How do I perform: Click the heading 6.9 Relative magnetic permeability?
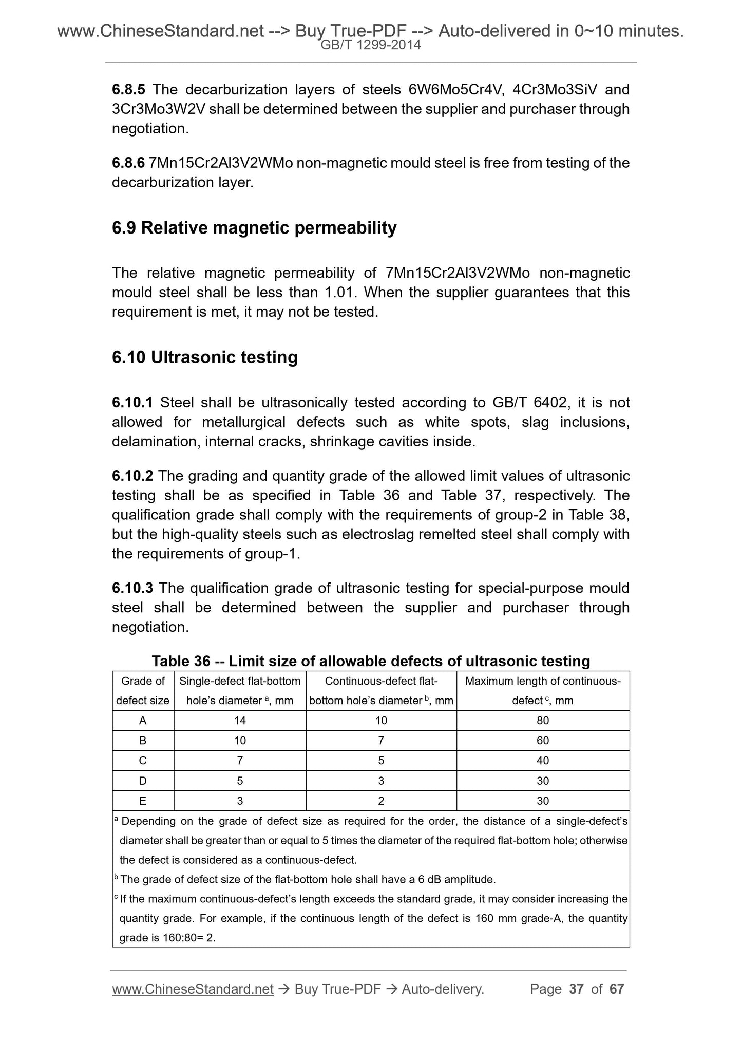[x=254, y=228]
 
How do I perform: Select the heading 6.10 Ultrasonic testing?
[x=204, y=357]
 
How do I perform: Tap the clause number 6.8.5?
[x=128, y=90]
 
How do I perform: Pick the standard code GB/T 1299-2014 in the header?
[x=370, y=45]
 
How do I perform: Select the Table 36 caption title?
[x=371, y=661]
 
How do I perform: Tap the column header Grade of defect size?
[x=143, y=691]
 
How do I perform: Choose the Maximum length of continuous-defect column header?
[x=543, y=691]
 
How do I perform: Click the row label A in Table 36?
[x=143, y=721]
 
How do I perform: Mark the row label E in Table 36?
[x=143, y=801]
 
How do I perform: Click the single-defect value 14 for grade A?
[x=240, y=721]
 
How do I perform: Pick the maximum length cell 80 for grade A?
[x=543, y=721]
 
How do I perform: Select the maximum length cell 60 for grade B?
[x=543, y=741]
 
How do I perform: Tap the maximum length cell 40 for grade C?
[x=543, y=761]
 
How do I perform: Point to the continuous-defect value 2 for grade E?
[x=381, y=801]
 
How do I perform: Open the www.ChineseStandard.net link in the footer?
[x=193, y=989]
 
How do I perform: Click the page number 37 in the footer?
[x=577, y=989]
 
